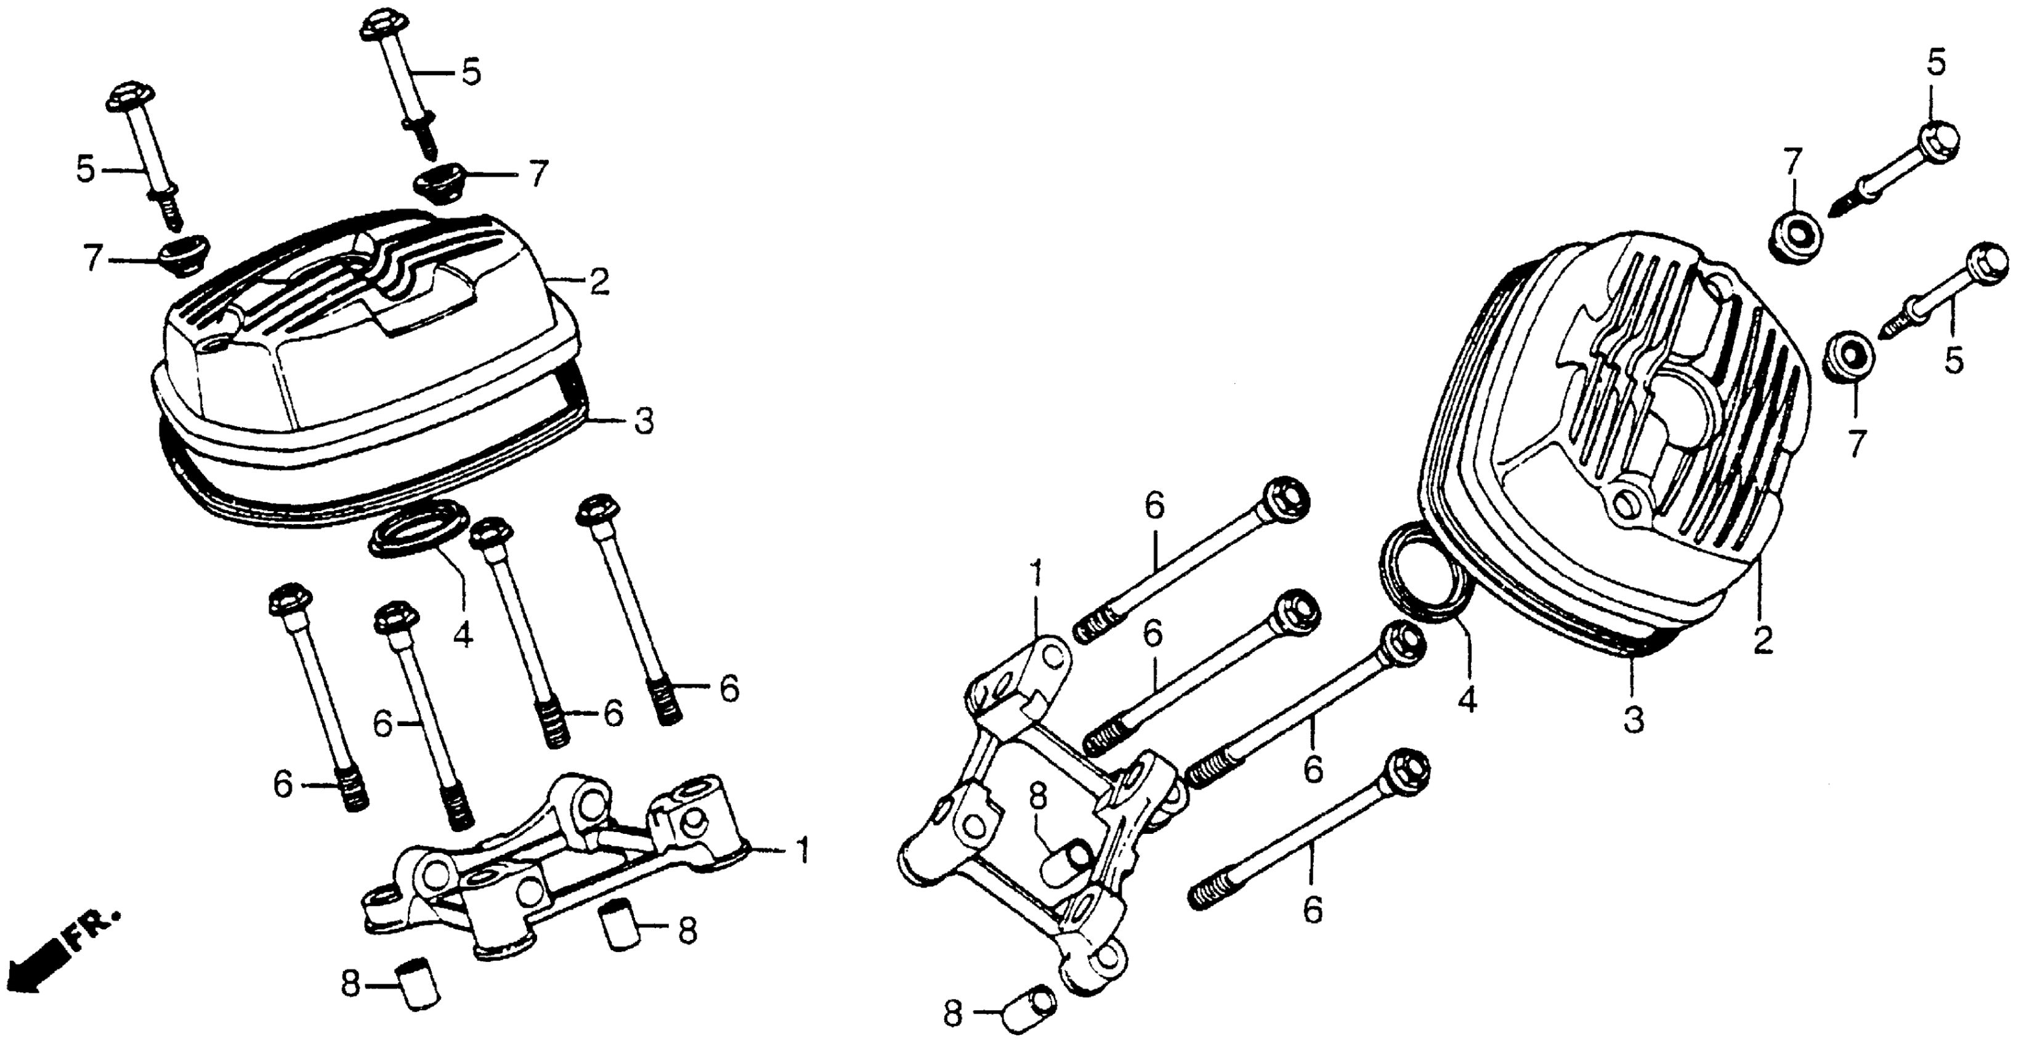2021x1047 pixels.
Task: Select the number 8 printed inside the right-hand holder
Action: point(1037,798)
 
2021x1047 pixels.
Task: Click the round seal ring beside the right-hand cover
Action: point(1422,573)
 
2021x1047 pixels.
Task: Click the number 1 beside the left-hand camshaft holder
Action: point(801,850)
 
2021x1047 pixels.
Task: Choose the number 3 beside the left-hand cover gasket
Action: point(643,421)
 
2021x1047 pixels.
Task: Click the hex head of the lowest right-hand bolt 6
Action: point(1407,772)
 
